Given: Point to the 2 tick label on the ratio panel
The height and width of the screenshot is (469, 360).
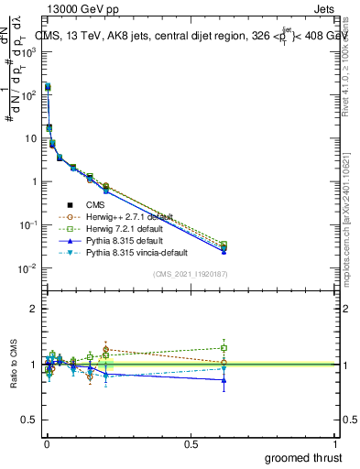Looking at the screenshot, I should coord(32,309).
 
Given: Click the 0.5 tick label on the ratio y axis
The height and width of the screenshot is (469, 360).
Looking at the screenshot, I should coord(27,420).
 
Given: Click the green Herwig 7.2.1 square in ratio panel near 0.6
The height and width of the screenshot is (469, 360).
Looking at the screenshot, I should coord(224,348).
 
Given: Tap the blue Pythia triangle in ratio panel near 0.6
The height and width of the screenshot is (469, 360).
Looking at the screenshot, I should coord(224,380).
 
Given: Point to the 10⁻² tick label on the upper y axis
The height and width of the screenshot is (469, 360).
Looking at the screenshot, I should coord(26,268).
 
